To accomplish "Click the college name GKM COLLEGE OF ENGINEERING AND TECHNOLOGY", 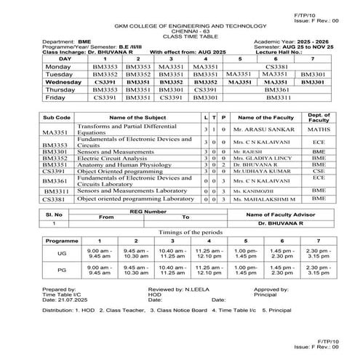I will pos(180,25).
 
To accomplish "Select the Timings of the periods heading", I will pos(180,231).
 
